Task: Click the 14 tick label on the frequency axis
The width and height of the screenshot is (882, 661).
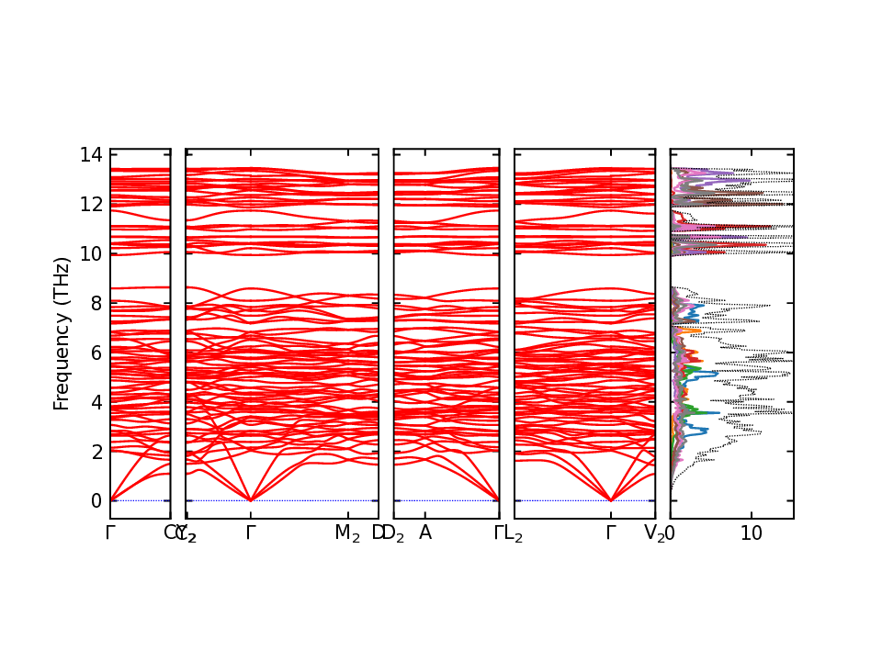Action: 90,154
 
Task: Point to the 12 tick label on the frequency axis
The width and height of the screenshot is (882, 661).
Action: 90,204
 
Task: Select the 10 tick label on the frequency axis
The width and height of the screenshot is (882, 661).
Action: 90,253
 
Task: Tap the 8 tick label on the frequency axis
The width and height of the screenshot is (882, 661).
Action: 95,303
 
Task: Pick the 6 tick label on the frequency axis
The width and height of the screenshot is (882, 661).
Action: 95,353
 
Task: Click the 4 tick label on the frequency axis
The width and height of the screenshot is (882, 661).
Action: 95,402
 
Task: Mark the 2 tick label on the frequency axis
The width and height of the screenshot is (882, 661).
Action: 95,452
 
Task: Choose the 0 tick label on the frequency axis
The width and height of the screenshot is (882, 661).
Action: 95,501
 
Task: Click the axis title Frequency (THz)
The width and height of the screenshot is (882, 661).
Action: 62,333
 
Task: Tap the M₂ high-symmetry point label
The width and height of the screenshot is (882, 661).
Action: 347,533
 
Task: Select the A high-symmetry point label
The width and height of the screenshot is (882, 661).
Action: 425,532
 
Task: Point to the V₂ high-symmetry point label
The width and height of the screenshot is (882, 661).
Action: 654,533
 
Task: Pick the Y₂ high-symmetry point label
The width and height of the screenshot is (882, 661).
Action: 187,533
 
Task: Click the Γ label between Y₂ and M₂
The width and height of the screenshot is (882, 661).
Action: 250,532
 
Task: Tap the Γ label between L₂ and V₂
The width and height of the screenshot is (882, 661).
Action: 610,532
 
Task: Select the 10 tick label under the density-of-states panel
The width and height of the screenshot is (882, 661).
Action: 751,532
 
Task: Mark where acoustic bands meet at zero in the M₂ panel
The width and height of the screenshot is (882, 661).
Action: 250,500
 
